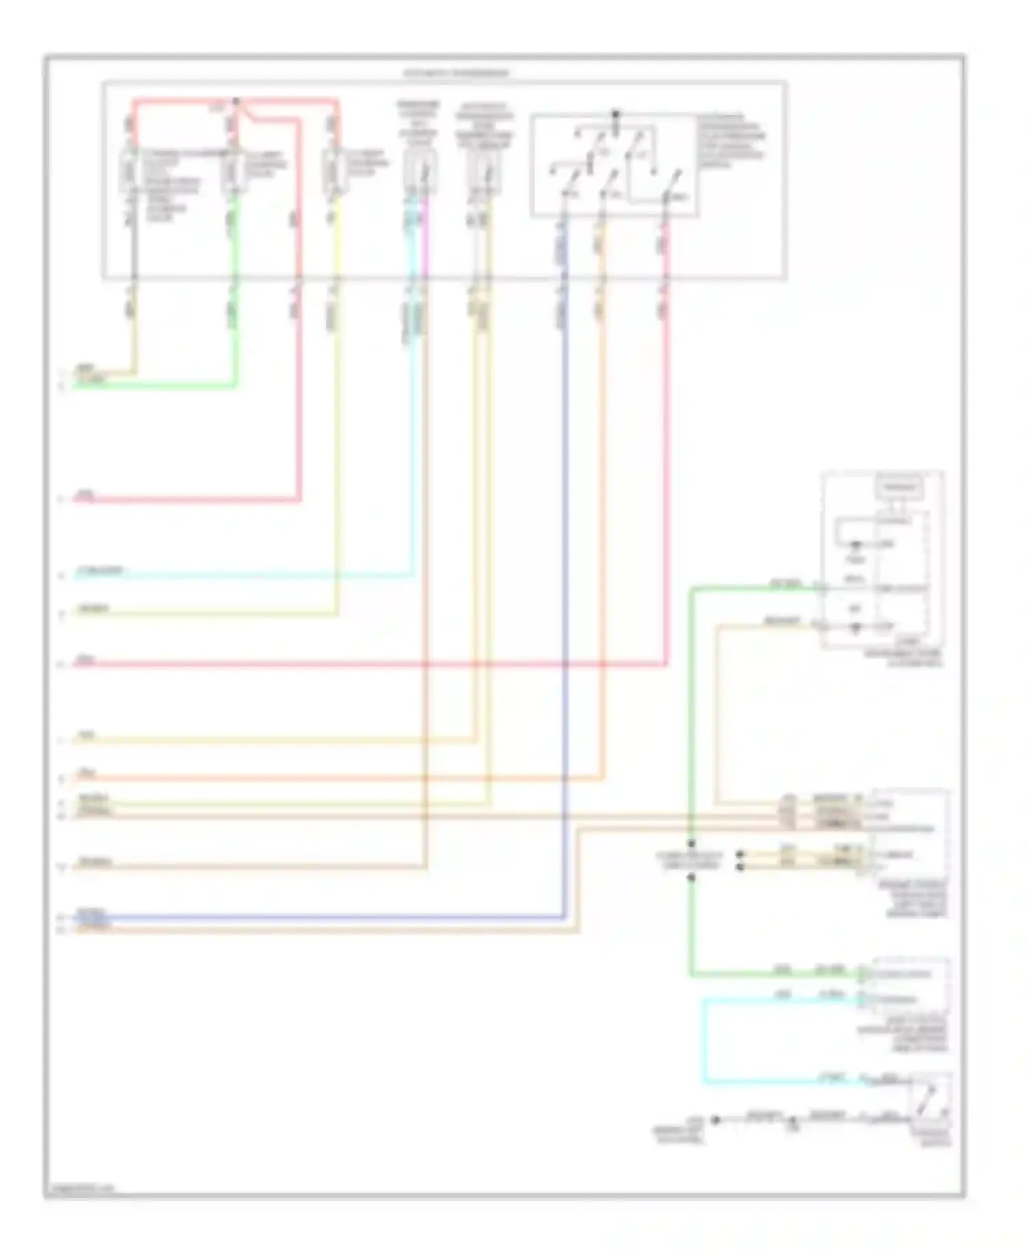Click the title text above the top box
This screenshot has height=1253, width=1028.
[x=456, y=73]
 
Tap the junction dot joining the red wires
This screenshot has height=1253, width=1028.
[x=236, y=101]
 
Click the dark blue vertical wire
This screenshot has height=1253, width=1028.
[x=564, y=548]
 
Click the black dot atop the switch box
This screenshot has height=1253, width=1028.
[x=615, y=114]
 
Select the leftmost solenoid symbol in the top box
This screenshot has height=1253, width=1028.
[x=130, y=171]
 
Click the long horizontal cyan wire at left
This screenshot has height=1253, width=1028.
[x=240, y=576]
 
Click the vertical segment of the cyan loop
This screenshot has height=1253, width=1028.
[x=704, y=1042]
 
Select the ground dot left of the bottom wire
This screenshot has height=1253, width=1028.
[x=715, y=1119]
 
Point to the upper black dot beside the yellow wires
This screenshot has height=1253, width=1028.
[x=739, y=855]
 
